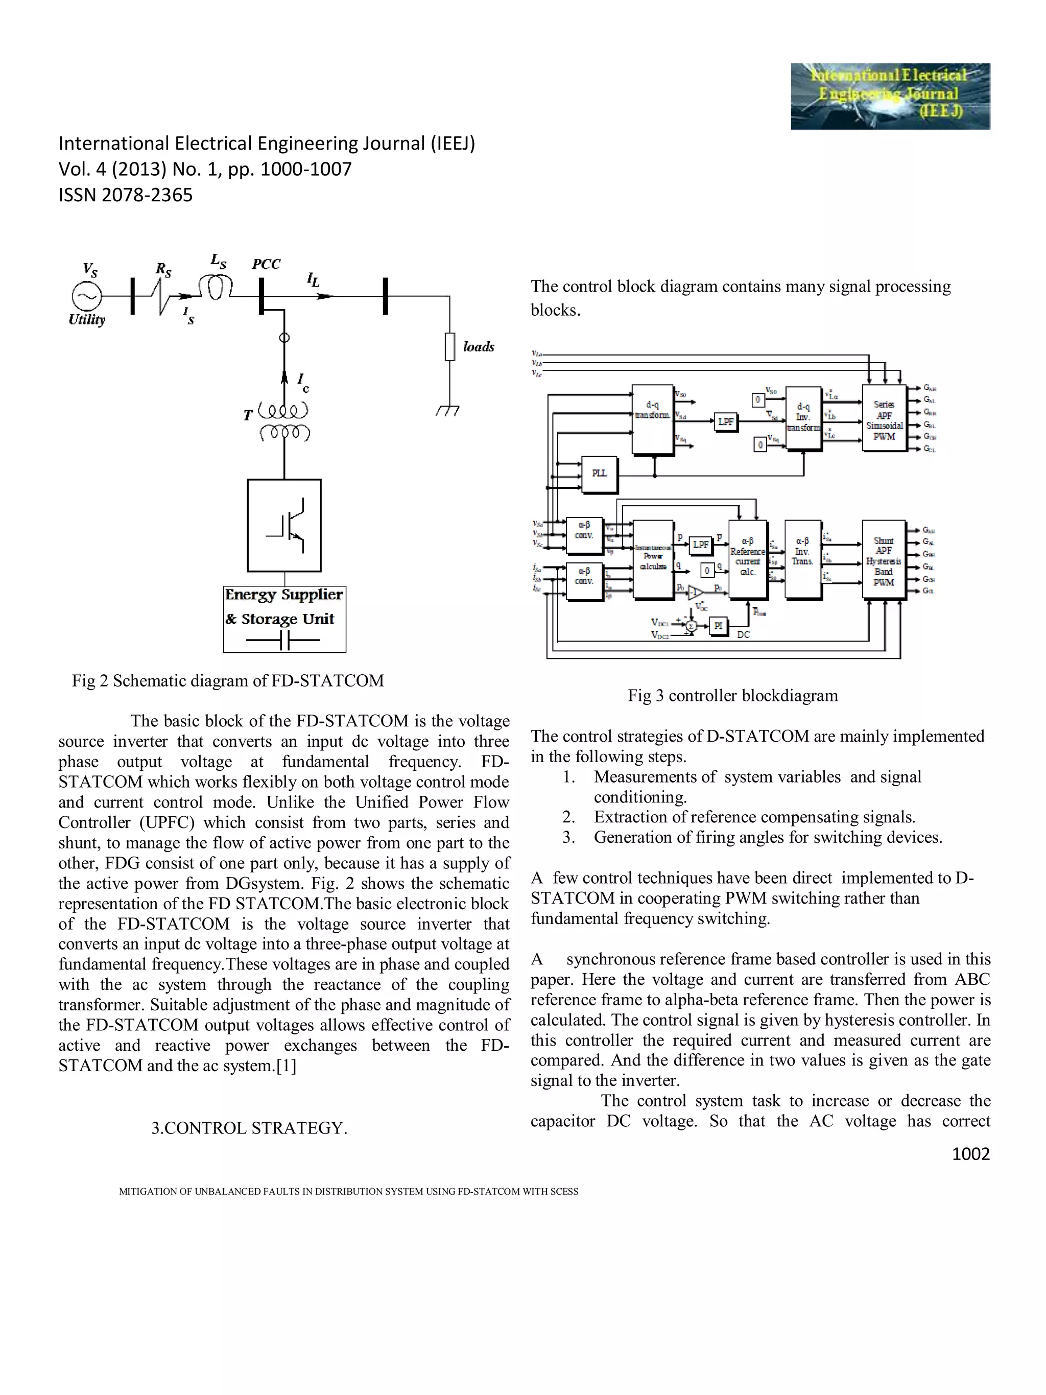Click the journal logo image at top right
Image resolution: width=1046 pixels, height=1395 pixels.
[x=890, y=96]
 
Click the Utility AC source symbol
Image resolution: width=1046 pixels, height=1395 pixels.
[x=86, y=296]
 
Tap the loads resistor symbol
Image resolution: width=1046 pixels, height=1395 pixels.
[x=449, y=346]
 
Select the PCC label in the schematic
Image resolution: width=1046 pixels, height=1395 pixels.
[x=266, y=264]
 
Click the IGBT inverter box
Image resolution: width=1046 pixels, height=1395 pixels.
[x=284, y=525]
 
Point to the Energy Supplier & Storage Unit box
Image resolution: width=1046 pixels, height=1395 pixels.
[x=284, y=619]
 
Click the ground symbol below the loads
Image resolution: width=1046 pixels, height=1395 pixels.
[x=448, y=411]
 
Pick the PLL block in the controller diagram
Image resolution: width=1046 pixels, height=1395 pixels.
[x=599, y=474]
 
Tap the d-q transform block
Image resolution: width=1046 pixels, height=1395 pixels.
[x=653, y=419]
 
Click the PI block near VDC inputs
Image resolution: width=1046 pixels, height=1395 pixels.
[x=718, y=625]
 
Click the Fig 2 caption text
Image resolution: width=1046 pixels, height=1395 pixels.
[x=228, y=680]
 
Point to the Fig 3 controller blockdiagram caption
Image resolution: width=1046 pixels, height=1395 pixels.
[x=732, y=696]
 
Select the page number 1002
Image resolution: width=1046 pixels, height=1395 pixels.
[x=970, y=1153]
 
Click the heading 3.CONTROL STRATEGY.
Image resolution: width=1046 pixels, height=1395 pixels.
[x=249, y=1128]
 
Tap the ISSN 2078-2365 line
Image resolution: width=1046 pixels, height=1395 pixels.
[x=126, y=195]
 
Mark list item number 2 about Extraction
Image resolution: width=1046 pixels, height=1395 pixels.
[x=739, y=817]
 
